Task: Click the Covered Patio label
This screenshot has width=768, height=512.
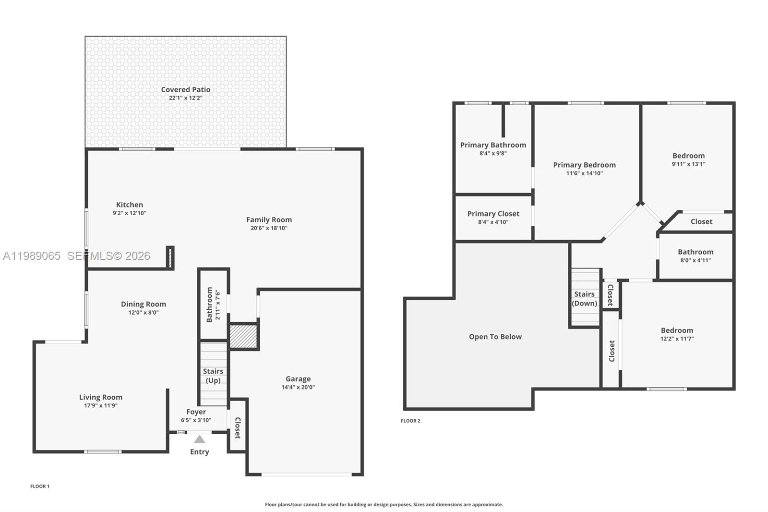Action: (x=186, y=90)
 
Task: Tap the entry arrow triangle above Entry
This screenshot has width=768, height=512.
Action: (x=200, y=439)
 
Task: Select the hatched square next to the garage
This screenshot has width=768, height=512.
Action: (x=244, y=336)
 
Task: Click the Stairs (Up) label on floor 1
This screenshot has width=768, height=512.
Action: (x=213, y=376)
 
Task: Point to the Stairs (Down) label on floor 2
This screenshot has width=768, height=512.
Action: (x=584, y=299)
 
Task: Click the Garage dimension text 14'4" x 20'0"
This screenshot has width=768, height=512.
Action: (x=298, y=387)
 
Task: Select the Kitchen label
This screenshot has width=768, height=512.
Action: (x=130, y=205)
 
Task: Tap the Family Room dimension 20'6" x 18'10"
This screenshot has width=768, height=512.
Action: (x=269, y=228)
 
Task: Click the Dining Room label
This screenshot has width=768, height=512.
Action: (x=144, y=304)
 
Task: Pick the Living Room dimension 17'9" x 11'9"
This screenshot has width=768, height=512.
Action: (x=101, y=405)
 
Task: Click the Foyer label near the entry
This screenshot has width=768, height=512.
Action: (x=196, y=412)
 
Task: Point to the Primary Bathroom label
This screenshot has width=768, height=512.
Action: (x=493, y=145)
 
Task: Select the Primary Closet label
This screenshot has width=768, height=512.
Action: (x=493, y=214)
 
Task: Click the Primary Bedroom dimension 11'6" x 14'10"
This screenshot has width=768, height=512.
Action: (x=584, y=173)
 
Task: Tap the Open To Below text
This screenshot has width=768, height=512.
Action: (x=495, y=337)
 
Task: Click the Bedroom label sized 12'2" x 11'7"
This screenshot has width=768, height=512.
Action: (x=677, y=330)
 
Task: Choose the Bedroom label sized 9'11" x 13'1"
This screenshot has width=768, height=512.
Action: (x=688, y=156)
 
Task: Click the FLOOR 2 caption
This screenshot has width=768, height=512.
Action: (x=410, y=421)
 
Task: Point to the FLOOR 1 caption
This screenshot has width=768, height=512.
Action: (x=40, y=486)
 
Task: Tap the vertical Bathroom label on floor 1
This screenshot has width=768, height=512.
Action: (x=209, y=305)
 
